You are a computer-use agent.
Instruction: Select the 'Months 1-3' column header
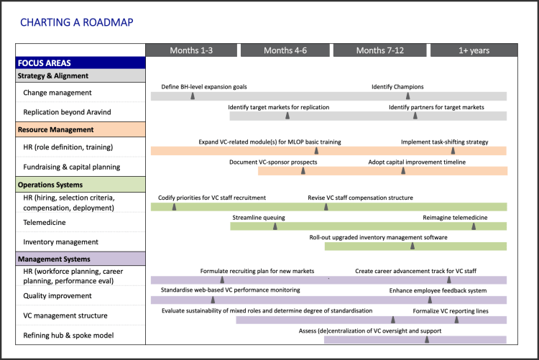click(191, 50)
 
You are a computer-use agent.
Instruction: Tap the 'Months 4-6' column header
click(285, 50)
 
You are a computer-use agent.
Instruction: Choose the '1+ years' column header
click(474, 50)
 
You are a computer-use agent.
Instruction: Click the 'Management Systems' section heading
click(56, 259)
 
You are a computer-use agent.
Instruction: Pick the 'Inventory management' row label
click(62, 242)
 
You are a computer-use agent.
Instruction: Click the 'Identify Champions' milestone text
click(397, 87)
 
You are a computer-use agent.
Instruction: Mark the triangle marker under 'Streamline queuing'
click(275, 226)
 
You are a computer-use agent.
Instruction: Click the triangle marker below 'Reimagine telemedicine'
click(473, 226)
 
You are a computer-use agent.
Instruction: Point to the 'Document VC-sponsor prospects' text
click(272, 162)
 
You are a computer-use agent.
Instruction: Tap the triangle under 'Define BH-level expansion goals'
click(193, 96)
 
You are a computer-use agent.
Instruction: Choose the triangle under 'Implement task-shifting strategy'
click(453, 150)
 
